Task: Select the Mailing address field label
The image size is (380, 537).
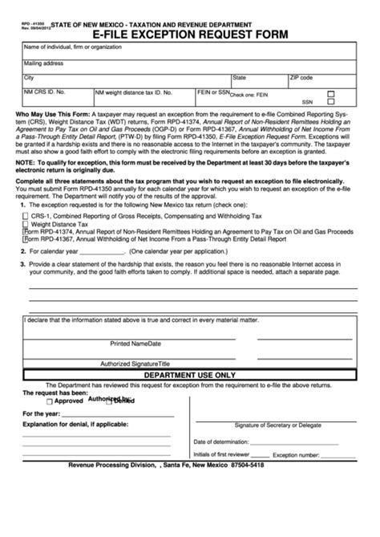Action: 44,63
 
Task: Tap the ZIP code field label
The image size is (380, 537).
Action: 301,78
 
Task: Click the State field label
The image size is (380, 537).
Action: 239,78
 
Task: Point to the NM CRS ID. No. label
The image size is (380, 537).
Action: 45,93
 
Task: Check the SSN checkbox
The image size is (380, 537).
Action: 330,103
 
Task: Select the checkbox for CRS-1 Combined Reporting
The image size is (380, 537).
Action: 26,217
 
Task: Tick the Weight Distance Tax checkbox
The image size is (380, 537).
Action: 26,225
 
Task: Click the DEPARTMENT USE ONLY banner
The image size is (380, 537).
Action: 189,374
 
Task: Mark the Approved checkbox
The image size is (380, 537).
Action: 50,401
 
